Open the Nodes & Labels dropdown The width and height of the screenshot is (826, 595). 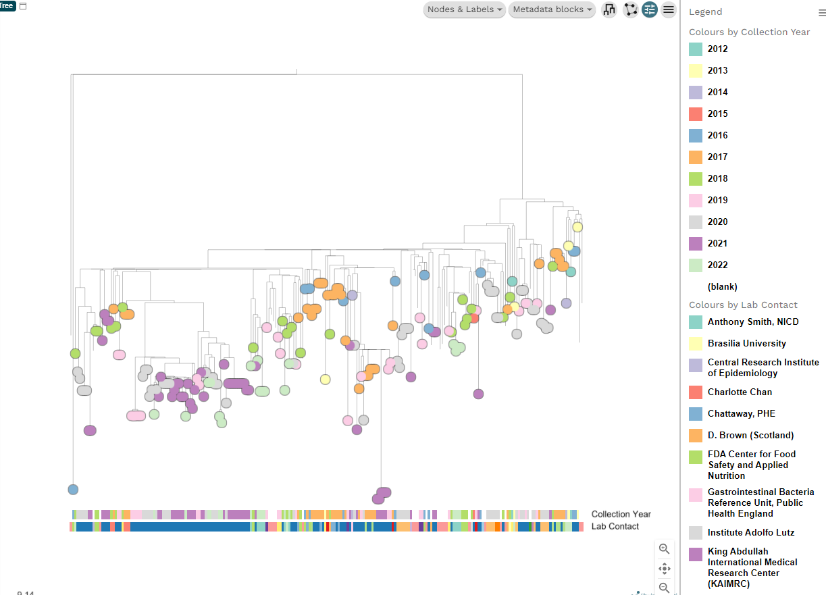(465, 9)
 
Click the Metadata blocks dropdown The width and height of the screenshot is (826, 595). (552, 9)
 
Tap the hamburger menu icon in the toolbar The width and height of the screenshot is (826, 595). (669, 9)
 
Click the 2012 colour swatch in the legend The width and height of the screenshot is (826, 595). (696, 49)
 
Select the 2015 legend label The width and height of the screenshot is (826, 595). (717, 114)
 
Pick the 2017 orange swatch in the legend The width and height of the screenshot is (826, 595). (696, 157)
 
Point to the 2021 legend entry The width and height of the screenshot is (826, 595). (717, 244)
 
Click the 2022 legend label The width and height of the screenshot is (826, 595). (717, 265)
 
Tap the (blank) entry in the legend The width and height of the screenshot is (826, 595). (722, 287)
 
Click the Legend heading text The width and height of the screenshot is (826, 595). (705, 12)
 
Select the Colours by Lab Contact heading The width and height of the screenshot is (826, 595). (743, 305)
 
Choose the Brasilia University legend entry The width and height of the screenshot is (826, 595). (746, 344)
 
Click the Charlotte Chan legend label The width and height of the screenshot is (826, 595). (740, 392)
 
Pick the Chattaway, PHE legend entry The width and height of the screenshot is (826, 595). (741, 414)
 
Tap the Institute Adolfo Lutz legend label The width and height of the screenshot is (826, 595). (750, 533)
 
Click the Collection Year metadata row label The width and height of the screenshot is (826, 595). (621, 515)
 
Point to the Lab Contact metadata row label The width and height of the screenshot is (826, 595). (615, 527)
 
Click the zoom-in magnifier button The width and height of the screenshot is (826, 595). (665, 549)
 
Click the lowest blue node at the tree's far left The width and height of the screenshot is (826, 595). (73, 490)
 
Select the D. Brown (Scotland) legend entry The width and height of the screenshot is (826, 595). (750, 436)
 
